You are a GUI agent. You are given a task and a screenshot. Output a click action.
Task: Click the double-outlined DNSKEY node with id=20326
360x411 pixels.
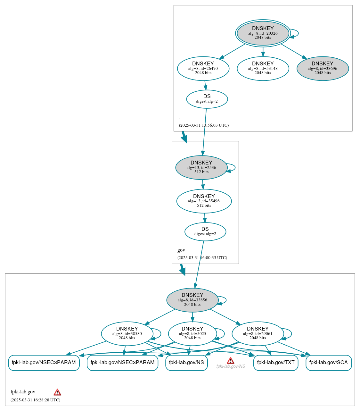[263, 33]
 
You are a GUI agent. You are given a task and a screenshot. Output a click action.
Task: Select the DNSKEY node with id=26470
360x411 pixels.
[203, 68]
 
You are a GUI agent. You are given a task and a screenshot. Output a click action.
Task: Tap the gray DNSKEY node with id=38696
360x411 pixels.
[323, 68]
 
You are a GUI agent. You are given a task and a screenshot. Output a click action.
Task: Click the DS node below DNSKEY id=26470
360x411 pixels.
[207, 99]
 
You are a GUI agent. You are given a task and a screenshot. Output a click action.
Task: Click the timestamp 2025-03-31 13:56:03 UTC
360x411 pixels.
[204, 125]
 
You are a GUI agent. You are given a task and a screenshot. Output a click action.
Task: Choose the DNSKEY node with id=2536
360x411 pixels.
[201, 167]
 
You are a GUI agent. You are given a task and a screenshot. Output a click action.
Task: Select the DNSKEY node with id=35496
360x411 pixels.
[204, 201]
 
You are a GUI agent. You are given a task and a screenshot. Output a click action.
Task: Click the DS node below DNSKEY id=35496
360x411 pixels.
[205, 231]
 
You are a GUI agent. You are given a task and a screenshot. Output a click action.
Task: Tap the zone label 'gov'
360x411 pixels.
[181, 250]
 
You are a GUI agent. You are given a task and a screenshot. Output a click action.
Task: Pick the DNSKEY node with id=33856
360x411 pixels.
[192, 300]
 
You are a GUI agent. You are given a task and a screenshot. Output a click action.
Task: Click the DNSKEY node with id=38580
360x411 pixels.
[127, 333]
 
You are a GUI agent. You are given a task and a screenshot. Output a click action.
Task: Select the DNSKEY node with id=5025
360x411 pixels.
[192, 333]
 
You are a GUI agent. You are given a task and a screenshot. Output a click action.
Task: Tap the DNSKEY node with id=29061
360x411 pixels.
[258, 333]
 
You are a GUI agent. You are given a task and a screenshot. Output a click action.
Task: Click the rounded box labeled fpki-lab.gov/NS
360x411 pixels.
[186, 363]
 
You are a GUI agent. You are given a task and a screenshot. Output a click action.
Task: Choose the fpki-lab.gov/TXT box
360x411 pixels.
[275, 363]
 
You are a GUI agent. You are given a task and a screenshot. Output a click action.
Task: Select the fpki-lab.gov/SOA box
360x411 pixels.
[328, 363]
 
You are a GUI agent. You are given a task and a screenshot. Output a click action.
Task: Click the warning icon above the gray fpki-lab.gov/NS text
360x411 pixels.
[230, 360]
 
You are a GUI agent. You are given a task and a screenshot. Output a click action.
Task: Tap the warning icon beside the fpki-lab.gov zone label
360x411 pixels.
[57, 392]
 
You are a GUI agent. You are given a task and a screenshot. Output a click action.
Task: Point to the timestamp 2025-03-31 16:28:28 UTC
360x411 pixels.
[35, 400]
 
